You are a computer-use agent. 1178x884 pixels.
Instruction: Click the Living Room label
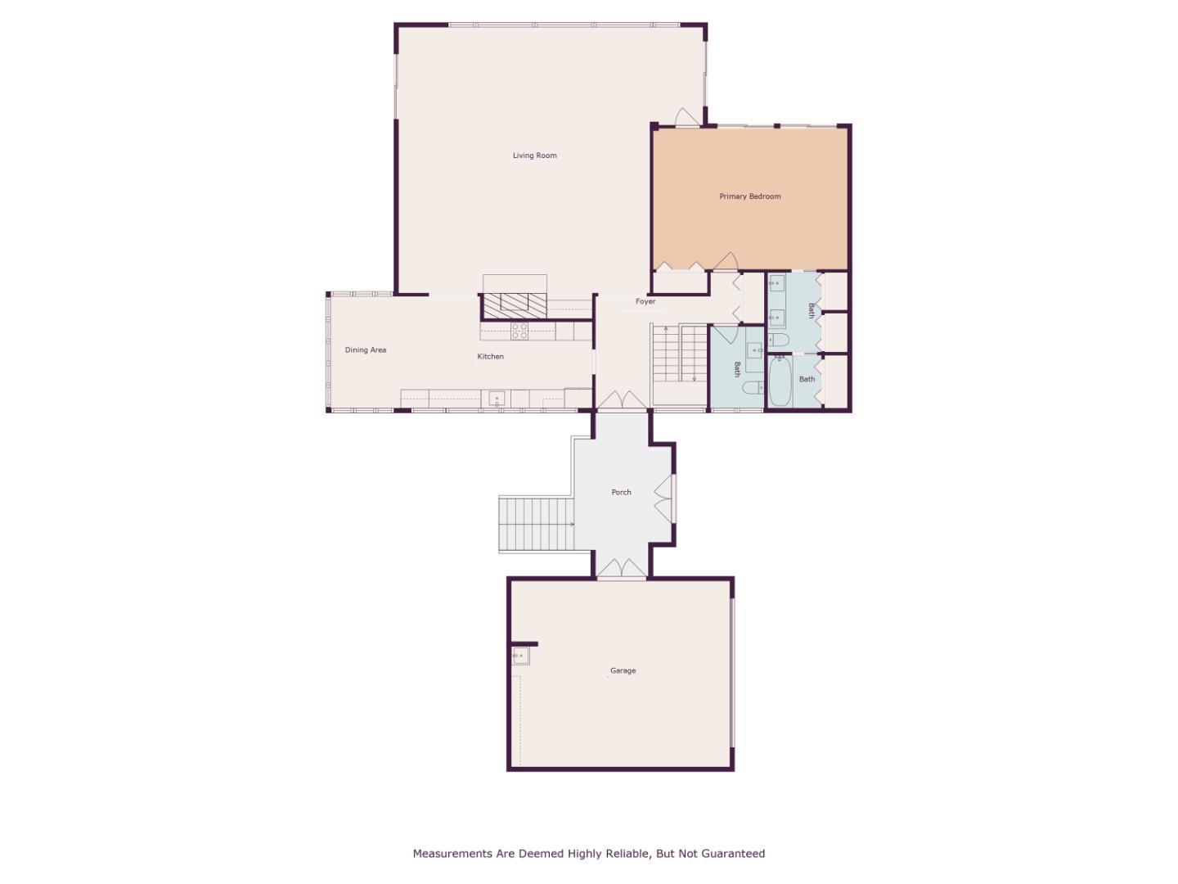pyautogui.click(x=534, y=156)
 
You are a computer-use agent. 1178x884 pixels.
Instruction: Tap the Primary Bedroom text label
pyautogui.click(x=749, y=196)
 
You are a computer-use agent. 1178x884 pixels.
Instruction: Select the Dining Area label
pyautogui.click(x=365, y=350)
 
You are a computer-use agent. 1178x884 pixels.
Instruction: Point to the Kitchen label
pyautogui.click(x=490, y=357)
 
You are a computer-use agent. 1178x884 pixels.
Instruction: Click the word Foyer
pyautogui.click(x=645, y=302)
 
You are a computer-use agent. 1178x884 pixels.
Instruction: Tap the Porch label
pyautogui.click(x=621, y=493)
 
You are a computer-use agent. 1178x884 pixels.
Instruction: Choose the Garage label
pyautogui.click(x=623, y=671)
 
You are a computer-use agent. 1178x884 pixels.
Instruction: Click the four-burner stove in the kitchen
pyautogui.click(x=519, y=331)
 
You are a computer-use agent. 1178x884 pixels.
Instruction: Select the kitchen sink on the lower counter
pyautogui.click(x=497, y=399)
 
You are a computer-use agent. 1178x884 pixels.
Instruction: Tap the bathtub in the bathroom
pyautogui.click(x=780, y=381)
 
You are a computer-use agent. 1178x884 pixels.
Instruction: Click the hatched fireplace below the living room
pyautogui.click(x=513, y=304)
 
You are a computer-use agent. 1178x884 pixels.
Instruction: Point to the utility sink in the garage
pyautogui.click(x=519, y=656)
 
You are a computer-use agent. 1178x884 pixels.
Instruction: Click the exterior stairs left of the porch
pyautogui.click(x=536, y=524)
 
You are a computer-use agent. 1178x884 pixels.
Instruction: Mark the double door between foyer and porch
pyautogui.click(x=622, y=400)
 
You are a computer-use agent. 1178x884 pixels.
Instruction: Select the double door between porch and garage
pyautogui.click(x=621, y=568)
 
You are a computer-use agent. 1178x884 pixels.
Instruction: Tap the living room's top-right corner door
pyautogui.click(x=688, y=118)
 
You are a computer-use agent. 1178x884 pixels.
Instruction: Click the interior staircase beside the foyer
pyautogui.click(x=679, y=354)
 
